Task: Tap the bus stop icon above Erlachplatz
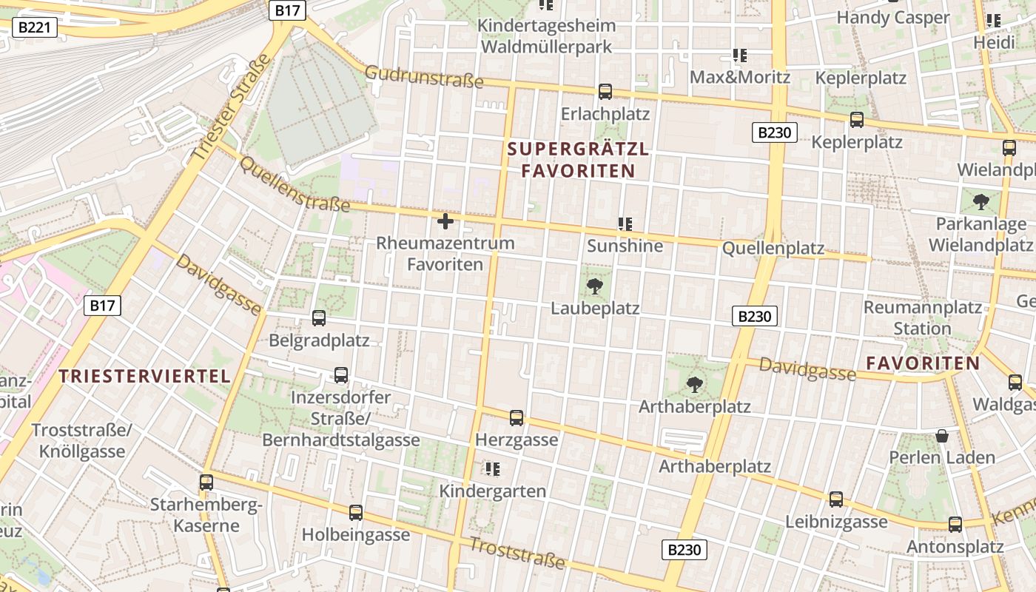point(605,92)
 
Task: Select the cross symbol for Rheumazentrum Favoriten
point(445,221)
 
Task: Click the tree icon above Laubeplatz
point(594,286)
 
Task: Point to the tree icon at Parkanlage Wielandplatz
point(981,201)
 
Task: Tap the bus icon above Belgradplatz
point(319,318)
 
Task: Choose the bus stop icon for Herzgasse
point(517,418)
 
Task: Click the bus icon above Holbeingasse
point(356,513)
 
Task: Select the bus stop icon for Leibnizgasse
point(836,499)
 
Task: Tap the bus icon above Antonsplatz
point(955,525)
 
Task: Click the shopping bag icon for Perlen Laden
point(942,436)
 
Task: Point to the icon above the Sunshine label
point(625,223)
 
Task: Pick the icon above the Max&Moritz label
point(739,55)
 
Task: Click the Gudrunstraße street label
point(424,75)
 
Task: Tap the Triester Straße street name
point(232,109)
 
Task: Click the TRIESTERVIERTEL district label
point(145,376)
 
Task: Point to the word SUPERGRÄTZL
point(578,149)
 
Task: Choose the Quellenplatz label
point(773,249)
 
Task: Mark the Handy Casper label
point(892,17)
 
